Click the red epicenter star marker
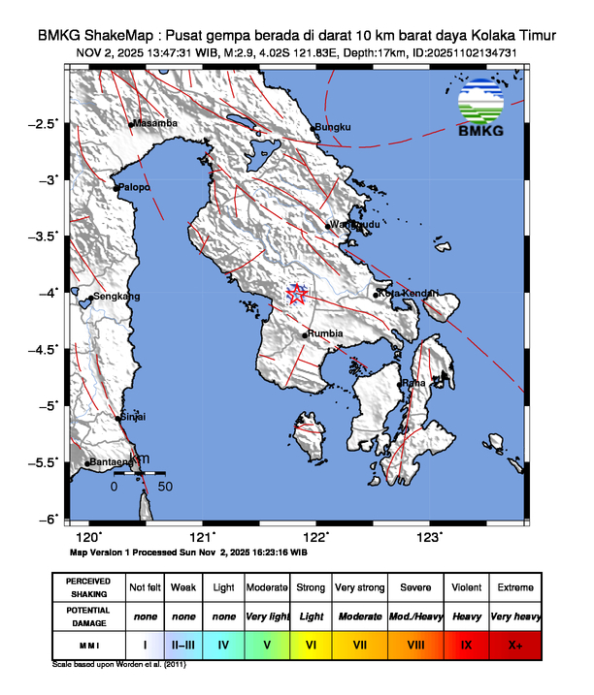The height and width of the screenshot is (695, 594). pyautogui.click(x=298, y=295)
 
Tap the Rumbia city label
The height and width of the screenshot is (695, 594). pyautogui.click(x=325, y=334)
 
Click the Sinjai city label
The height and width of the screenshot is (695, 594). pyautogui.click(x=133, y=418)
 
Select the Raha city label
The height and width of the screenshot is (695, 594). pyautogui.click(x=414, y=383)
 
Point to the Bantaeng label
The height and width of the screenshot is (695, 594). pyautogui.click(x=111, y=462)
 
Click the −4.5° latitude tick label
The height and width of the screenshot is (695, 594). pyautogui.click(x=43, y=349)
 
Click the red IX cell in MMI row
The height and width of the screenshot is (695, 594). pyautogui.click(x=467, y=643)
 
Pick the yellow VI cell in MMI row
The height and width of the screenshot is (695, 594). pyautogui.click(x=311, y=643)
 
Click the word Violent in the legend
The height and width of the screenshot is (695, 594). pyautogui.click(x=467, y=588)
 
